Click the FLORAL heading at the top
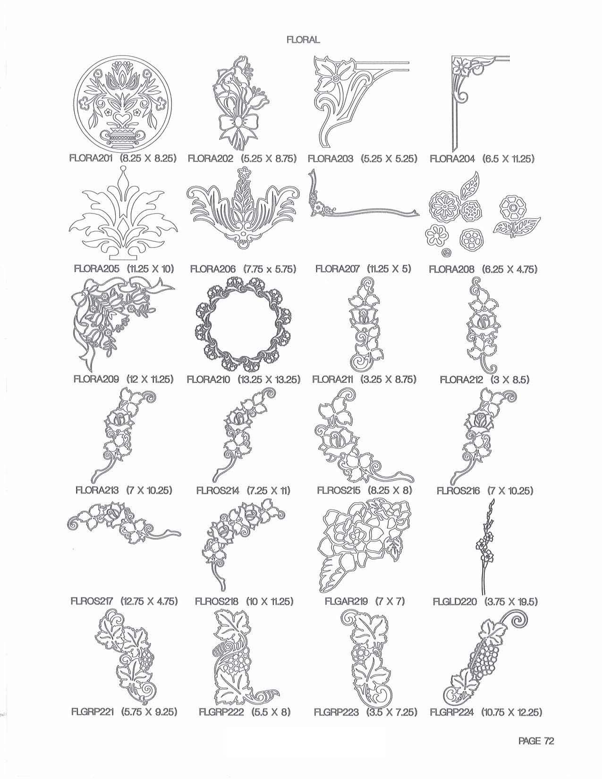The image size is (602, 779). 303,40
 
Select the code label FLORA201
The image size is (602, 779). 92,158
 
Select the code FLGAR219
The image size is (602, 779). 346,601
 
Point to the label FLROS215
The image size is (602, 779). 339,490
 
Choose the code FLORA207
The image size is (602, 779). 337,269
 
